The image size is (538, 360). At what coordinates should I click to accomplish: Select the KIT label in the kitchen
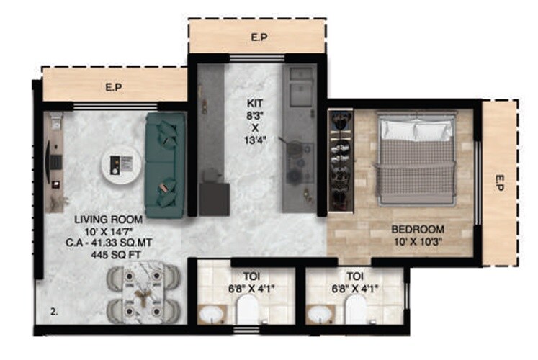tap(256, 104)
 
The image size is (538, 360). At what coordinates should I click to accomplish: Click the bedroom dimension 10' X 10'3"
tap(418, 242)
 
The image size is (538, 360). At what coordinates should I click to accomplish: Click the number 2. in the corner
tap(53, 312)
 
